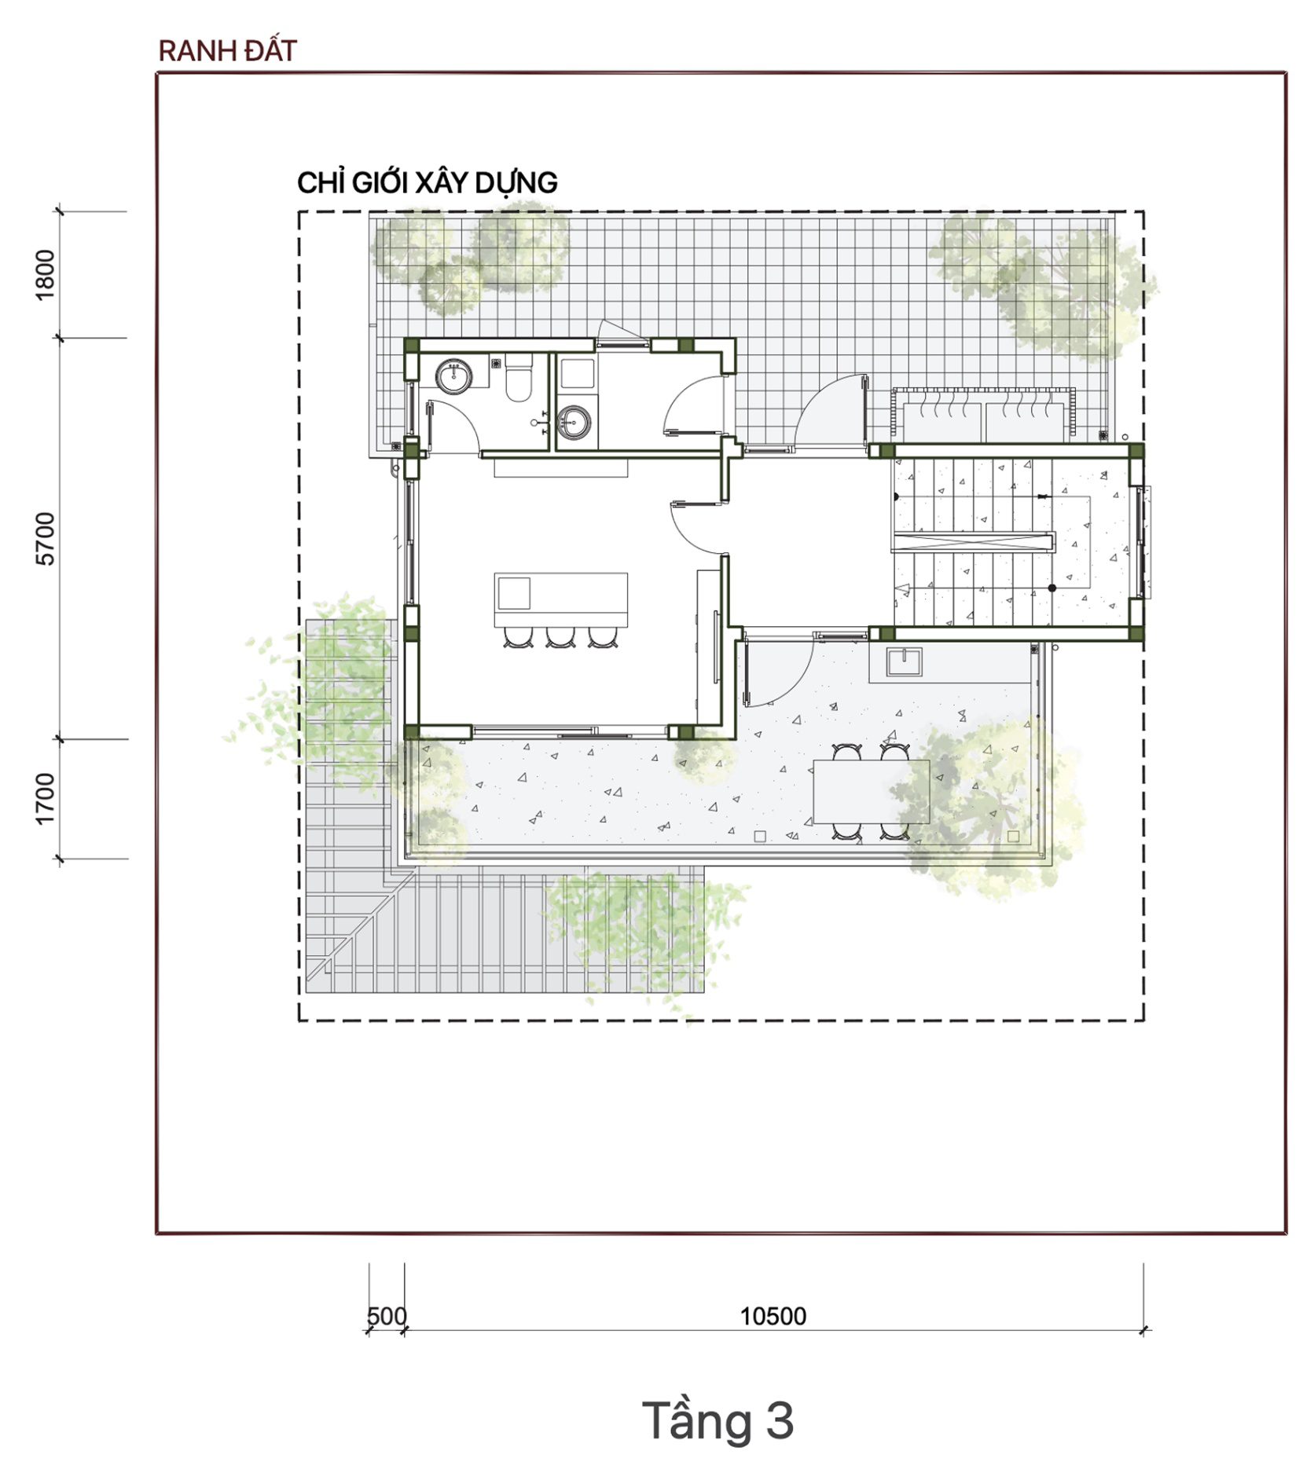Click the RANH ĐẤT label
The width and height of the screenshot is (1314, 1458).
click(x=227, y=51)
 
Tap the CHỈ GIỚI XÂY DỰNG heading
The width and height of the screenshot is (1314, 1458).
click(x=427, y=183)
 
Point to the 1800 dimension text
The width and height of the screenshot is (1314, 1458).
click(x=46, y=274)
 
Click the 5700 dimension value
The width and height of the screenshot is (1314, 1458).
click(x=46, y=539)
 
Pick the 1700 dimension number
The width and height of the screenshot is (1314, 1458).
click(x=46, y=799)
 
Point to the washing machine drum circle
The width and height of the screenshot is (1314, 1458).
click(x=574, y=423)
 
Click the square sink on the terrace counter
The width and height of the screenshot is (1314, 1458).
click(x=905, y=661)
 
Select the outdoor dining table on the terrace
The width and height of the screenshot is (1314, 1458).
click(x=871, y=791)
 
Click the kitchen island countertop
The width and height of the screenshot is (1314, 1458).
click(x=561, y=600)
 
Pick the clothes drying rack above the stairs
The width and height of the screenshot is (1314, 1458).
click(x=982, y=415)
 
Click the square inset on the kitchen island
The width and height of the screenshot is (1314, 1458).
click(x=514, y=593)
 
